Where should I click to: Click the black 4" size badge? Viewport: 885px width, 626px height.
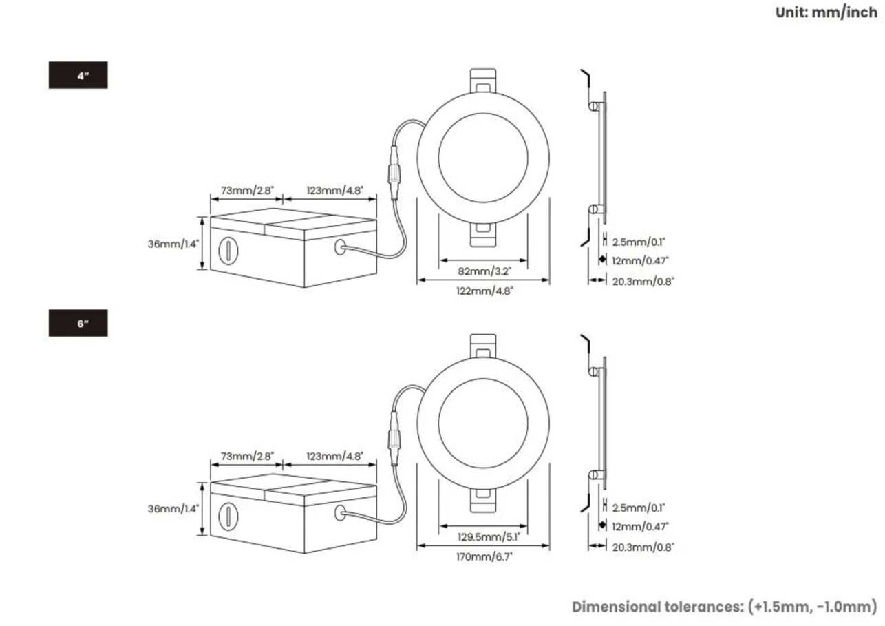tap(78, 76)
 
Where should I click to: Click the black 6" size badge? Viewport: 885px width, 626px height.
tap(78, 323)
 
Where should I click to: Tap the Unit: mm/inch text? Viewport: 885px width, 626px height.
tap(827, 12)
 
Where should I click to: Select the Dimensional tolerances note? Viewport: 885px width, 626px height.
tap(725, 607)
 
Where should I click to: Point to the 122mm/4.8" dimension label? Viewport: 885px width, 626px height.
tap(483, 290)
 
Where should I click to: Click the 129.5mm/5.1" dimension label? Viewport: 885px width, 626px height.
tap(482, 536)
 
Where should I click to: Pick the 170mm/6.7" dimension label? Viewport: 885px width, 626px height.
tap(483, 556)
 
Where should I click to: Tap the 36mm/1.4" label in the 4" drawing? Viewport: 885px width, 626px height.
tap(173, 244)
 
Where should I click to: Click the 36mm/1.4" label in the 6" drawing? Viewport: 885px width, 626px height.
tap(173, 509)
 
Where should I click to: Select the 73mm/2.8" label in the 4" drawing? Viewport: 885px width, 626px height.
tap(247, 189)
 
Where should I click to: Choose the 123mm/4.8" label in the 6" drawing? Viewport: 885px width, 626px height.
tap(335, 456)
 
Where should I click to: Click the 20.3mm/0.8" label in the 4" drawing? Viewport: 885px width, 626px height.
tap(643, 280)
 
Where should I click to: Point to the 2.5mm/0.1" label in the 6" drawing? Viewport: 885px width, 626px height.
tap(639, 508)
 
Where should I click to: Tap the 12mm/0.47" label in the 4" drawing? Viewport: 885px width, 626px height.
tap(641, 260)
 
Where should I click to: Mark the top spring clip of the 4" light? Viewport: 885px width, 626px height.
tap(482, 80)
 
